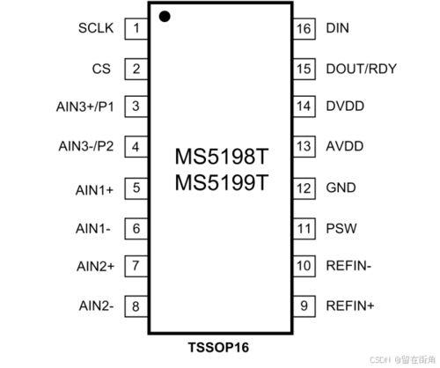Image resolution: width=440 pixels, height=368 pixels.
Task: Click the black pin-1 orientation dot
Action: coord(165,16)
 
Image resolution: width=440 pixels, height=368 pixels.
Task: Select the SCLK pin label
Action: coord(96,28)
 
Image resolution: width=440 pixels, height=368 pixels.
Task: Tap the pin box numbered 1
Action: coord(136,28)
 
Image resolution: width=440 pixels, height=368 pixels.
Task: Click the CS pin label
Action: coord(101,69)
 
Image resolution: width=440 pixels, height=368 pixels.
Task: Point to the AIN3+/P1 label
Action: coord(85,107)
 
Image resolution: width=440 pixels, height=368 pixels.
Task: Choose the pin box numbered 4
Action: coord(136,146)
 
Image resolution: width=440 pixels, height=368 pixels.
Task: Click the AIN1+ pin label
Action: coord(94,190)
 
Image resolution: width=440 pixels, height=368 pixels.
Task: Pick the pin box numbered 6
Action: coord(136,228)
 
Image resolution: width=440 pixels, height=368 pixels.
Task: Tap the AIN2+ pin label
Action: coord(95,267)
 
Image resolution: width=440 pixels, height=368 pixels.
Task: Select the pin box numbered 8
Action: coord(136,306)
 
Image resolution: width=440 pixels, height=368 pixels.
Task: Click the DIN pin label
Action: coord(338,28)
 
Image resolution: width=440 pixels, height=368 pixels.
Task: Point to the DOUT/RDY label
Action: coord(362,69)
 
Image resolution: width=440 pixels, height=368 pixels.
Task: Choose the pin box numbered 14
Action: coord(304,107)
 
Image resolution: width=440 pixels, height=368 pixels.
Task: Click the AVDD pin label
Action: coord(345,146)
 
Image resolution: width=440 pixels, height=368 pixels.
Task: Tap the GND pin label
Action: coord(341,188)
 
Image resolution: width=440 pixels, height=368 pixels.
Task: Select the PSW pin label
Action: coord(341,228)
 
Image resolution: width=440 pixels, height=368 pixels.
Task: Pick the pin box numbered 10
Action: coord(304,266)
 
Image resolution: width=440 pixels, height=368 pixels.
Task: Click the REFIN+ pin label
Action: coord(350,306)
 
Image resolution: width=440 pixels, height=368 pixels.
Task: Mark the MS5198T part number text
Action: coord(222,157)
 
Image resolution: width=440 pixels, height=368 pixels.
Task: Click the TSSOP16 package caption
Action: coord(218,348)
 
